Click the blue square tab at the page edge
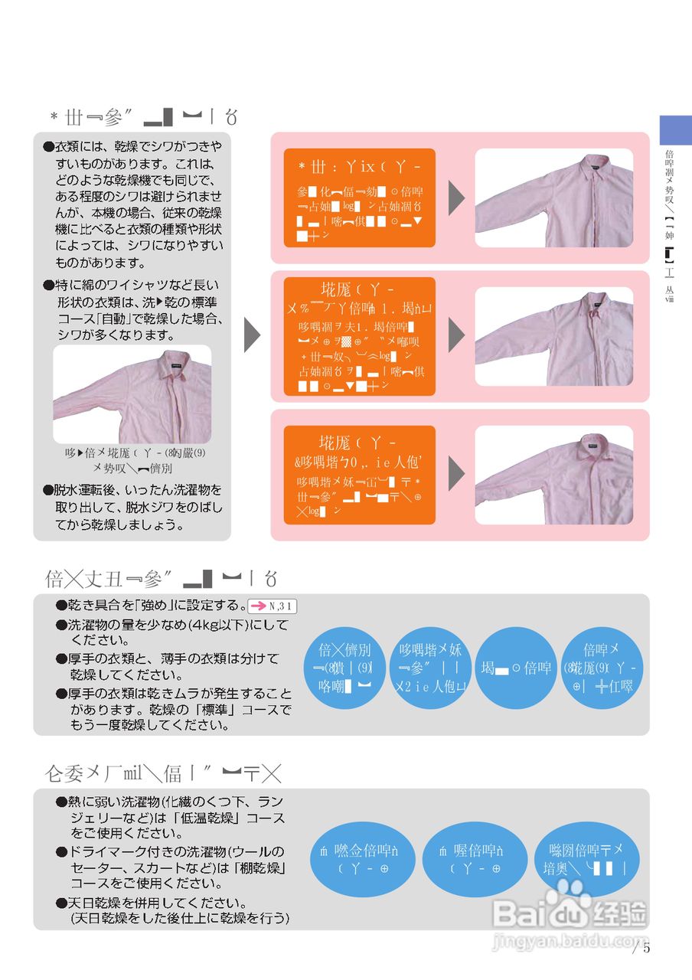tap(675, 130)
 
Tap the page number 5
tap(646, 948)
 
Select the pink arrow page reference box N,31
tap(273, 606)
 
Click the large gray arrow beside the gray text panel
tap(252, 335)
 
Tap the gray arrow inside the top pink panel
tap(456, 198)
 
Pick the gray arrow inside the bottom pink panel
tap(456, 475)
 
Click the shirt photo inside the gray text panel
tap(132, 394)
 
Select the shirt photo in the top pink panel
tap(553, 198)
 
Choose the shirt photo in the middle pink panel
tap(553, 336)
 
